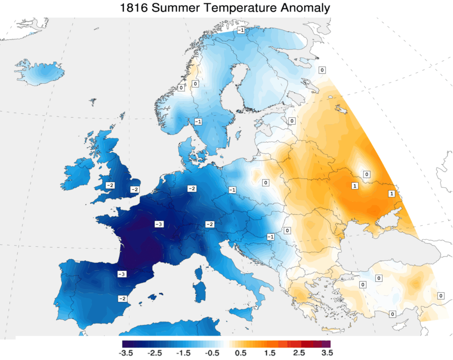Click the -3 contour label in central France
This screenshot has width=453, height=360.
159,224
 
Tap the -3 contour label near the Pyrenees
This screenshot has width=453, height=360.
122,274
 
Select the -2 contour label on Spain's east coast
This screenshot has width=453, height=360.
122,299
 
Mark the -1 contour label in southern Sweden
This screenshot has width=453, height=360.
198,122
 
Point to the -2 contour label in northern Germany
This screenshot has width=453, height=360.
192,189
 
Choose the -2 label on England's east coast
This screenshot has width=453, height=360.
134,189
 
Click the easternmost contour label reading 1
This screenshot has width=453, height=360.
392,194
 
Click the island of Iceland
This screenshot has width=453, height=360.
40,73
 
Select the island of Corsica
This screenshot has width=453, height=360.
200,271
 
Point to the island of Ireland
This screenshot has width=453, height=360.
80,175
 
